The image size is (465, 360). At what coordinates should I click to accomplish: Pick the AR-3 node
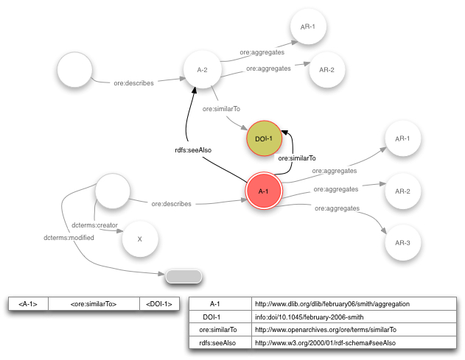[402, 241]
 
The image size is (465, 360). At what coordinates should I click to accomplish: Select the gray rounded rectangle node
[183, 276]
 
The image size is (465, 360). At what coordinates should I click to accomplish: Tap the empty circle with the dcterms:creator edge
[114, 191]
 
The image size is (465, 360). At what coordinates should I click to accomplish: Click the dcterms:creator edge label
[95, 225]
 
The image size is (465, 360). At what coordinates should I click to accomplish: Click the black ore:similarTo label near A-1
[296, 158]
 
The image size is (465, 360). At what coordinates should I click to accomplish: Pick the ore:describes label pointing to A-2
[133, 83]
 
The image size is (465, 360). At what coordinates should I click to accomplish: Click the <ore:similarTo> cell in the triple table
[93, 303]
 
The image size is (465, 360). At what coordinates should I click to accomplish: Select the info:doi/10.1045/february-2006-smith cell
[352, 317]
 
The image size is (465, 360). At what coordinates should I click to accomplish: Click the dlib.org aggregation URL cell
[352, 303]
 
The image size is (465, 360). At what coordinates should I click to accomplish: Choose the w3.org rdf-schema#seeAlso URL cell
[352, 343]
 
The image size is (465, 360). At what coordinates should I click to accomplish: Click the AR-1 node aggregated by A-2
[308, 28]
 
